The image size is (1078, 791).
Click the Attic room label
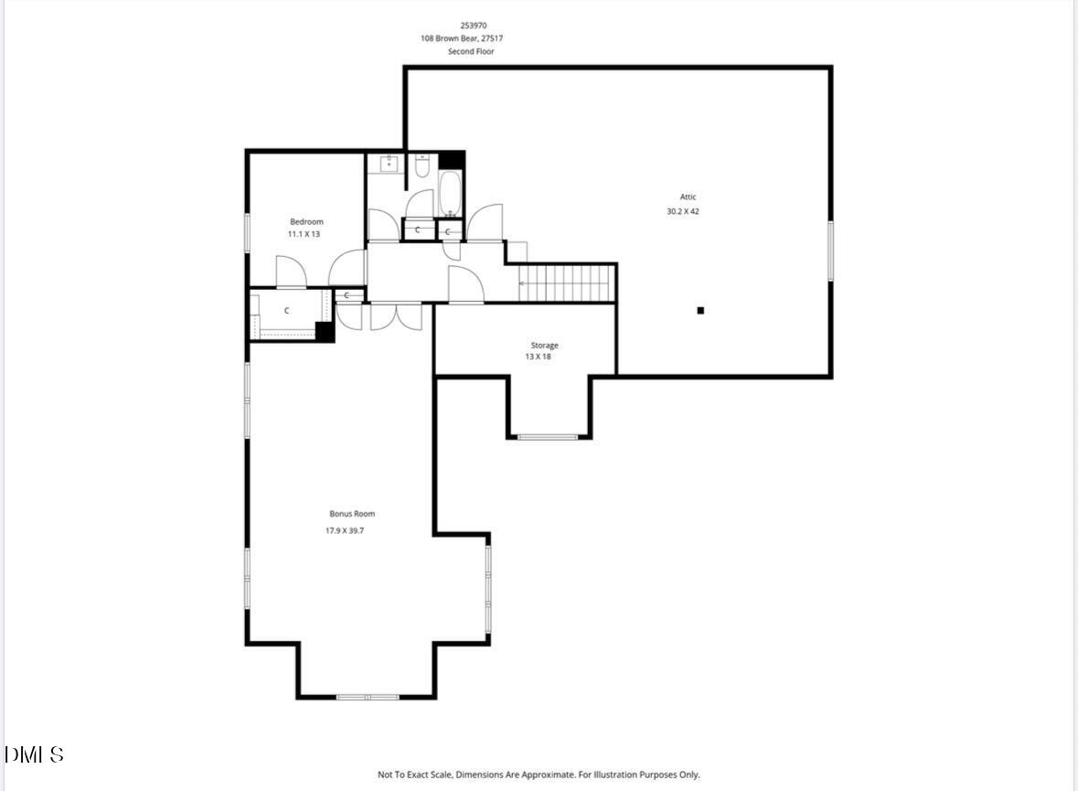pyautogui.click(x=688, y=197)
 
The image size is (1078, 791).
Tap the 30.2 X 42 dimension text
pyautogui.click(x=683, y=211)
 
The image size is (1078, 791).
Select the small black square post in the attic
pyautogui.click(x=700, y=311)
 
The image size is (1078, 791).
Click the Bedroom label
pyautogui.click(x=306, y=221)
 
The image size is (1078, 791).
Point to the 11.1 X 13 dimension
pyautogui.click(x=304, y=234)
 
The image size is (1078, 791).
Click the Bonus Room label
pyautogui.click(x=352, y=514)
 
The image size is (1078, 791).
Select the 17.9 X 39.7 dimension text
pyautogui.click(x=352, y=530)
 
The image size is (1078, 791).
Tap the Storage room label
pyautogui.click(x=544, y=345)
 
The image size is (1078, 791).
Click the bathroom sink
pyautogui.click(x=388, y=165)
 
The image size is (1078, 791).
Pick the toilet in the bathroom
pyautogui.click(x=422, y=166)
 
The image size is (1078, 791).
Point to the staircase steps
pyautogui.click(x=565, y=283)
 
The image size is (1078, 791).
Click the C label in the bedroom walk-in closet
pyautogui.click(x=286, y=311)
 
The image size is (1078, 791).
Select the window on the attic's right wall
pyautogui.click(x=830, y=251)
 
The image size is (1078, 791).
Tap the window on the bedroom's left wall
pyautogui.click(x=247, y=232)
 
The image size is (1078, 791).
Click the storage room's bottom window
pyautogui.click(x=548, y=437)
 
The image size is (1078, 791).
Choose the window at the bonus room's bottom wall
pyautogui.click(x=367, y=697)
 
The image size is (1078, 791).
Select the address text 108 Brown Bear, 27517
pyautogui.click(x=462, y=38)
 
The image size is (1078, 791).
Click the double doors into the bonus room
pyautogui.click(x=396, y=315)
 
